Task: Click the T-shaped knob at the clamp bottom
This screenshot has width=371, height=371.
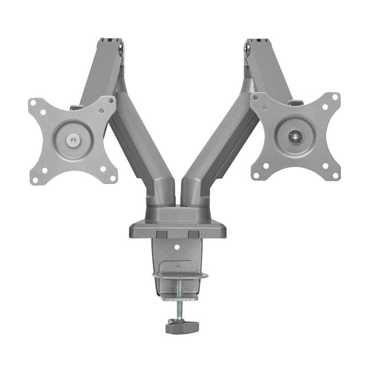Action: point(179,328)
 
